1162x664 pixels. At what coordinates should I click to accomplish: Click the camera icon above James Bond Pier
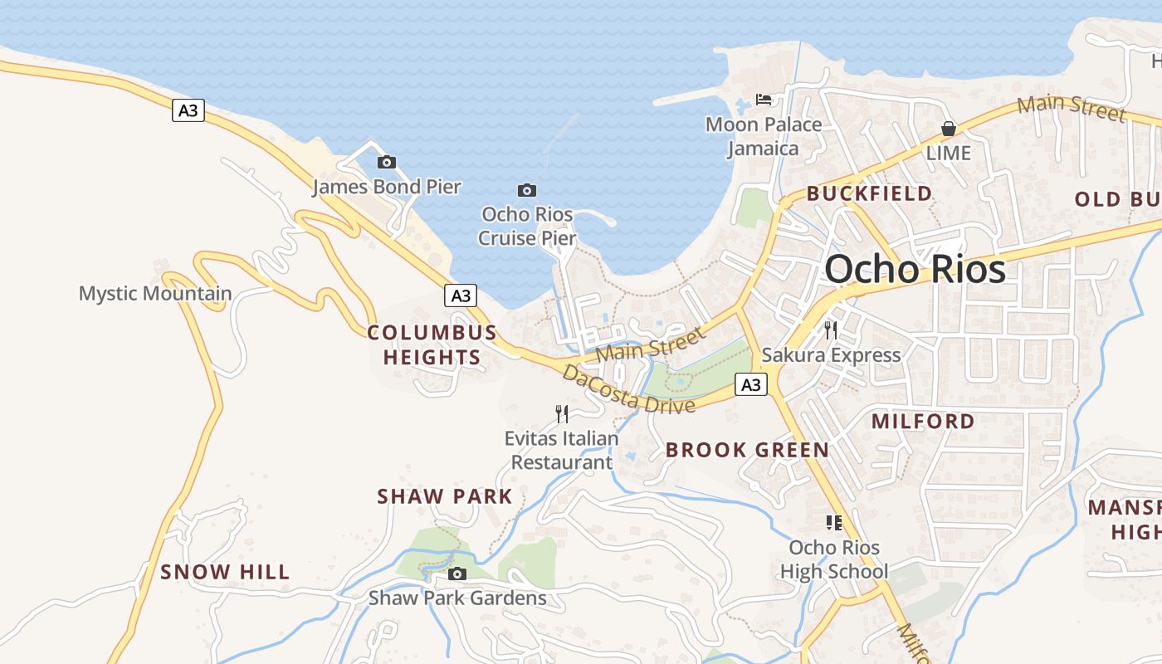click(x=386, y=162)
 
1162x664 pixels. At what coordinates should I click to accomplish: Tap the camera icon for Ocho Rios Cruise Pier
click(x=527, y=190)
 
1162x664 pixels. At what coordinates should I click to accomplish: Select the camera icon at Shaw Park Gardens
click(x=456, y=574)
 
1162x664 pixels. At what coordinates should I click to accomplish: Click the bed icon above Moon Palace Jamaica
click(x=764, y=100)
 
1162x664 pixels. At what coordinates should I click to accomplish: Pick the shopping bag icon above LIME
click(x=948, y=129)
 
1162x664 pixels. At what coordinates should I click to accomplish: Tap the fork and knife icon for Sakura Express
click(x=831, y=330)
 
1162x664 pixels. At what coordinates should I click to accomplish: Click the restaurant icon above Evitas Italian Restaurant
click(x=562, y=413)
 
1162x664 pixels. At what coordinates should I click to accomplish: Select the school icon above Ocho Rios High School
click(x=834, y=523)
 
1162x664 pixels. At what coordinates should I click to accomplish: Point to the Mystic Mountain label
click(x=155, y=293)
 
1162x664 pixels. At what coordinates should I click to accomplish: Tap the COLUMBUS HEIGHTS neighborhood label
click(x=432, y=345)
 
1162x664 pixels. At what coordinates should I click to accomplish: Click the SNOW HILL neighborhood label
click(x=225, y=572)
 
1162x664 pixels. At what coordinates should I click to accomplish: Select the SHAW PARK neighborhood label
click(x=445, y=496)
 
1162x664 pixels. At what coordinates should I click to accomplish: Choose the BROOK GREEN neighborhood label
click(x=747, y=450)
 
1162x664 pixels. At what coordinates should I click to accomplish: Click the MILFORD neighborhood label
click(x=923, y=421)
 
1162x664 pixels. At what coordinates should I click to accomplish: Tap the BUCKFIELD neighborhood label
click(x=869, y=193)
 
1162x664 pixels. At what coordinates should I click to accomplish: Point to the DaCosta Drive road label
click(x=628, y=388)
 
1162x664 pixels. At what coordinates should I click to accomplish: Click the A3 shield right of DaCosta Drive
click(x=750, y=384)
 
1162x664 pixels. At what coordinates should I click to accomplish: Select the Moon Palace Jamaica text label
click(x=764, y=137)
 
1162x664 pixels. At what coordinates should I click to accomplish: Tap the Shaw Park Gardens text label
click(x=457, y=598)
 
